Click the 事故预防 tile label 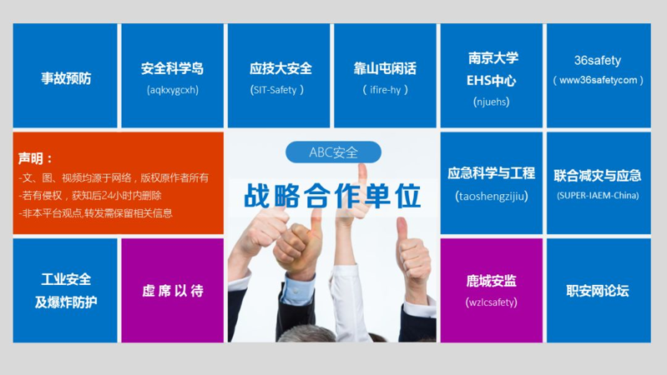(x=66, y=78)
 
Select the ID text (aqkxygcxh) (x=173, y=90)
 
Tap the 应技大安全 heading (x=280, y=68)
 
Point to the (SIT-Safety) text (x=277, y=90)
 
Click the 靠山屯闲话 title (x=385, y=68)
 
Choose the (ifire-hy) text (x=385, y=90)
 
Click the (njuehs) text (x=492, y=102)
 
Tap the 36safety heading (x=598, y=60)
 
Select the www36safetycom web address (x=598, y=80)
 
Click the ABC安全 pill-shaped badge (x=333, y=152)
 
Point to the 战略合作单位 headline (x=332, y=196)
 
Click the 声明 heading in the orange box (x=31, y=158)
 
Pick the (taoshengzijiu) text (x=492, y=196)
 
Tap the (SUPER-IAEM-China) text (x=598, y=195)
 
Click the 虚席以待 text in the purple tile (x=173, y=291)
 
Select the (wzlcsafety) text (x=492, y=302)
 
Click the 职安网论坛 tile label (x=598, y=291)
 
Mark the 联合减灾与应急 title (x=598, y=175)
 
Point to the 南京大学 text (x=493, y=57)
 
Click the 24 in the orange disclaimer (x=107, y=195)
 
